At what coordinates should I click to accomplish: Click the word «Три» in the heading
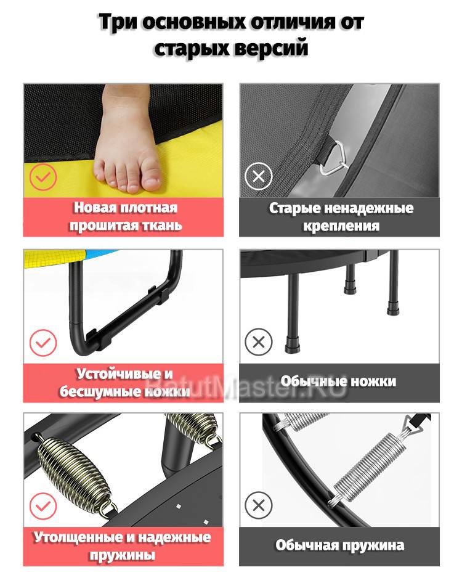click(118, 22)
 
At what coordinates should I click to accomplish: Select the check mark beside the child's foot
click(43, 177)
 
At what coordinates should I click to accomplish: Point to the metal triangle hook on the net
click(333, 158)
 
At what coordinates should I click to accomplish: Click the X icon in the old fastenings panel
click(259, 176)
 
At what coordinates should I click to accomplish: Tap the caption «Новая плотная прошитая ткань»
click(126, 216)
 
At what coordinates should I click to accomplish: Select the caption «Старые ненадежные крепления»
click(341, 217)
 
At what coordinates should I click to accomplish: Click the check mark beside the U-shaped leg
click(43, 343)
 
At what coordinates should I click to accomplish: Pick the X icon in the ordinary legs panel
click(259, 341)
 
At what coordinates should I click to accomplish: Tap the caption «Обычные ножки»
click(338, 381)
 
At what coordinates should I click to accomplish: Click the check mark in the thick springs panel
click(43, 506)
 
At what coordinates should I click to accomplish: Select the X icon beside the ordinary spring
click(259, 505)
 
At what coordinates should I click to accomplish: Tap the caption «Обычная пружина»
click(339, 545)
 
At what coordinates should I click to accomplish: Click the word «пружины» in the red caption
click(122, 555)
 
